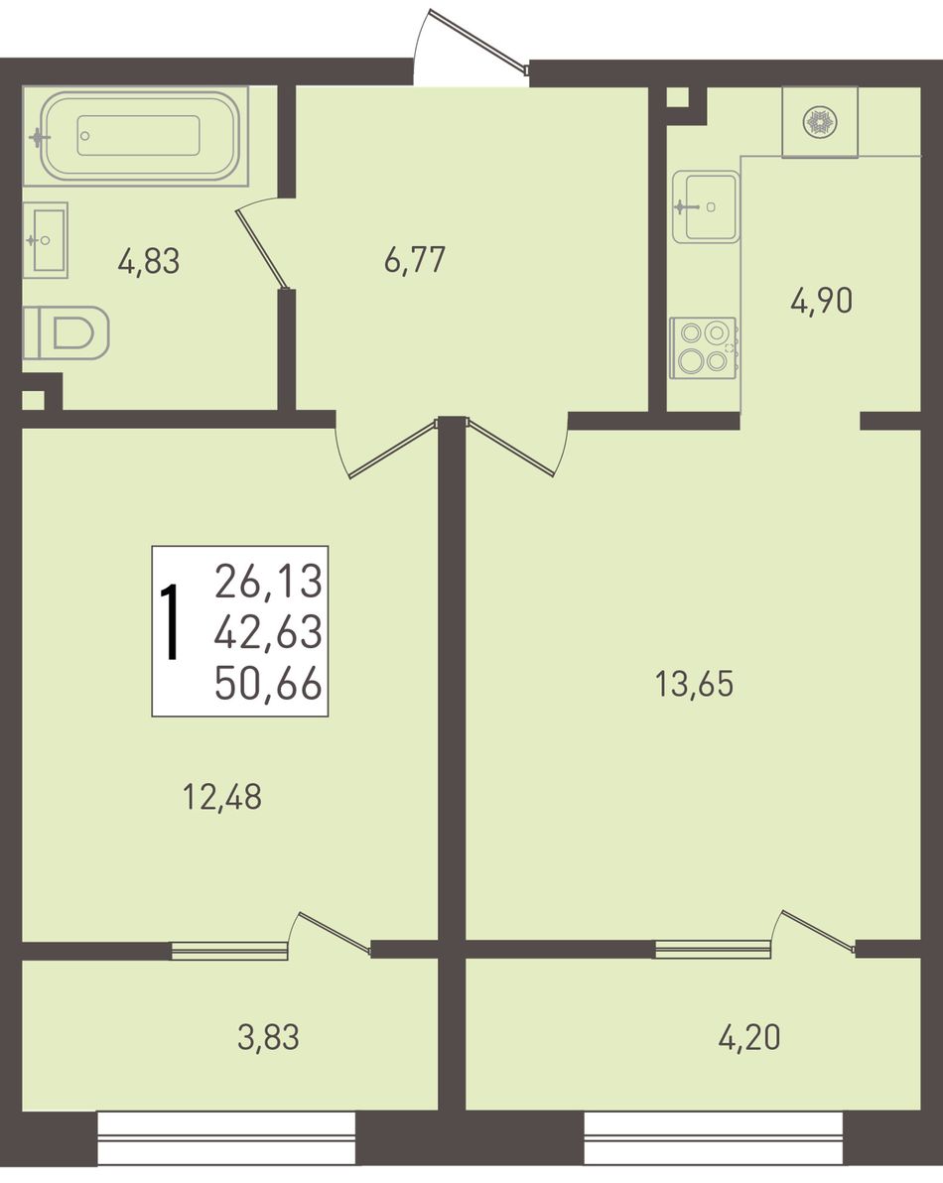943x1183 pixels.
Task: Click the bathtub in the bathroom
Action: click(x=136, y=136)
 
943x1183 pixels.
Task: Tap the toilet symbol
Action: click(x=67, y=332)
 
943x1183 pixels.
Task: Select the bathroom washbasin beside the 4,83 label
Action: click(x=46, y=240)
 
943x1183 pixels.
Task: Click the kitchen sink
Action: click(x=706, y=206)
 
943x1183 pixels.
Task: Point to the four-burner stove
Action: click(x=703, y=347)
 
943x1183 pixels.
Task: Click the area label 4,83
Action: click(x=149, y=262)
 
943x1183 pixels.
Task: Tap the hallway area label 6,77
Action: click(x=415, y=260)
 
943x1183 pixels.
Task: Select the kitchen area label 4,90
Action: click(x=822, y=301)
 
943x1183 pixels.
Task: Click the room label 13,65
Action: click(x=694, y=685)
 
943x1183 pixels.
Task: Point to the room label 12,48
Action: click(x=222, y=797)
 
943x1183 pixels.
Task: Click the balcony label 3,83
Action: click(x=269, y=1038)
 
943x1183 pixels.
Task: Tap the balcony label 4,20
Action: click(x=749, y=1038)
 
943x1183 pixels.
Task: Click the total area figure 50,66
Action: click(x=269, y=685)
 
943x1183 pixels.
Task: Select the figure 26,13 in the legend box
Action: click(x=269, y=582)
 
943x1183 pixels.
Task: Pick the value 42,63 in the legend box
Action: click(x=269, y=632)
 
